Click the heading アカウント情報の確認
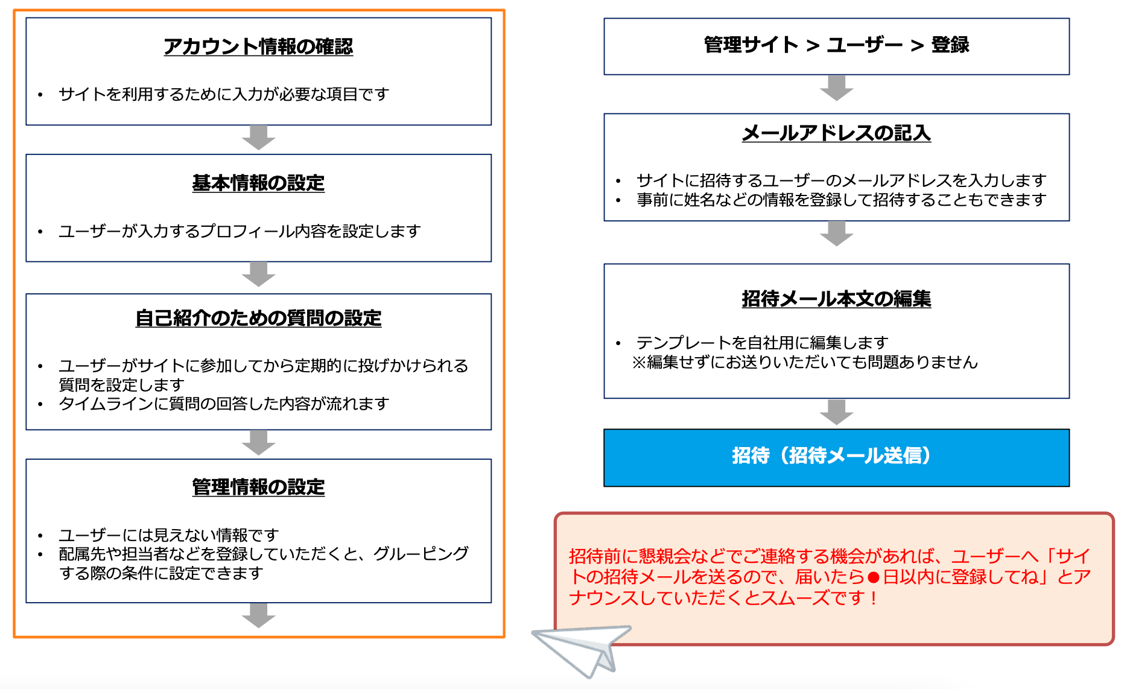[258, 46]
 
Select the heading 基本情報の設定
[258, 183]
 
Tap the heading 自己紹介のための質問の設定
[258, 318]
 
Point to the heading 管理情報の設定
[258, 487]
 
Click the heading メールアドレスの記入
[836, 133]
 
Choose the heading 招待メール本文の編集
[836, 299]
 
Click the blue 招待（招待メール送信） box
[836, 457]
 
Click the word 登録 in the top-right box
[950, 45]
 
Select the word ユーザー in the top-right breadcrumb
[865, 45]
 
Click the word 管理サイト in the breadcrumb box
[751, 45]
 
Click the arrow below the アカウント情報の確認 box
[258, 138]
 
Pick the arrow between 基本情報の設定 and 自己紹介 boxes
[258, 275]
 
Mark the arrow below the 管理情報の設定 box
[258, 615]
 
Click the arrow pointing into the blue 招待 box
[836, 412]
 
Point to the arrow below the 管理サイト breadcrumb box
[836, 88]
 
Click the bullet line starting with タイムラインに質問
[223, 404]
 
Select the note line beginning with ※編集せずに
[804, 362]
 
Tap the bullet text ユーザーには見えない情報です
[168, 535]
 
